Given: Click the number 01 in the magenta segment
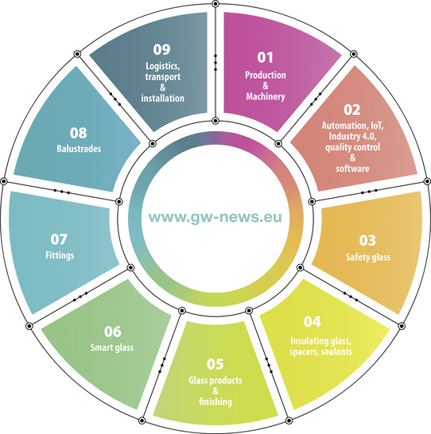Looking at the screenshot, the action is click(x=265, y=57).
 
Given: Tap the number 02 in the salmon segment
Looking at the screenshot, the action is click(x=352, y=110).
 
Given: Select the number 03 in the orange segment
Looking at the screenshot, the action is click(x=367, y=240).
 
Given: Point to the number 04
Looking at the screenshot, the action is click(x=313, y=322).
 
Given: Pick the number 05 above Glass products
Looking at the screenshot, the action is click(x=215, y=364).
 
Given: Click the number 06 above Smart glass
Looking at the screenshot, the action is click(x=113, y=331).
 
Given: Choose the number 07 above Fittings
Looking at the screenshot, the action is click(x=59, y=239).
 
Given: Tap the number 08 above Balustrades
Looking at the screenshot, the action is click(x=79, y=133).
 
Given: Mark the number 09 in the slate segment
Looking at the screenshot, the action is click(x=162, y=49).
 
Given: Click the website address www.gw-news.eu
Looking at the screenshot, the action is click(x=215, y=217).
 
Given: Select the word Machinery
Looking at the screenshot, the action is click(x=266, y=97).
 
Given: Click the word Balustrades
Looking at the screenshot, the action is click(x=79, y=149).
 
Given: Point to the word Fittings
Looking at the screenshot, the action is click(x=60, y=255).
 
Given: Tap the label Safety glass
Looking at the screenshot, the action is click(x=368, y=257).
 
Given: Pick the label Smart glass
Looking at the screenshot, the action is click(x=112, y=347).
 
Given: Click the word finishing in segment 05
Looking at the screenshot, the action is click(x=215, y=401).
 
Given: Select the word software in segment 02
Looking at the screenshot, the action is click(x=352, y=169).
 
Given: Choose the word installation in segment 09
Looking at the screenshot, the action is click(x=163, y=99).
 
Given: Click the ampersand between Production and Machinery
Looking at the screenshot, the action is click(x=266, y=86).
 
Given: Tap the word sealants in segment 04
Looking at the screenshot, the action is click(x=336, y=352).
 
